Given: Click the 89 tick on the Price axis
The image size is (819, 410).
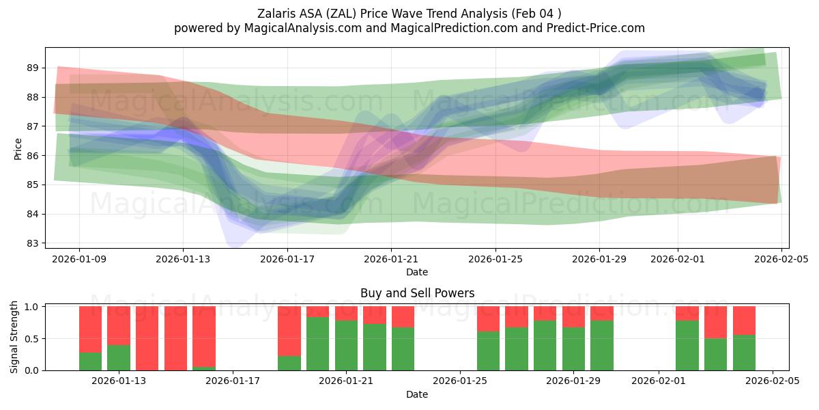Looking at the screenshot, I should coord(33,68).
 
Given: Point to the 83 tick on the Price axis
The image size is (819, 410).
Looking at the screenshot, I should coord(33,243).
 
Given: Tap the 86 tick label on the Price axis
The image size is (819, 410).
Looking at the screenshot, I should coord(33,156).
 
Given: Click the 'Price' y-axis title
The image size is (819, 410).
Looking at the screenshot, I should coord(18,148).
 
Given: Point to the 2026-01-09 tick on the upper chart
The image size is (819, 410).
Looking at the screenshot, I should coord(79,259).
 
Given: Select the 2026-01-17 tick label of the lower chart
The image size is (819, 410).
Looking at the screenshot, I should coord(233,381).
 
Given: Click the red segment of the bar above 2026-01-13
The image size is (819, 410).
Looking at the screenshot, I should coord(119,325).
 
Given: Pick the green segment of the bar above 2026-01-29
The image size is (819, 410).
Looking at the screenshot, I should coord(573,348).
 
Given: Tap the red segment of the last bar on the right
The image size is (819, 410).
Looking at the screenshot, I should coord(744,320).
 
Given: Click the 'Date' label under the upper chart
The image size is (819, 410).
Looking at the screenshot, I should coord(417,272).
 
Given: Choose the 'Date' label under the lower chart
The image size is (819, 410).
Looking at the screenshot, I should coord(417,394).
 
